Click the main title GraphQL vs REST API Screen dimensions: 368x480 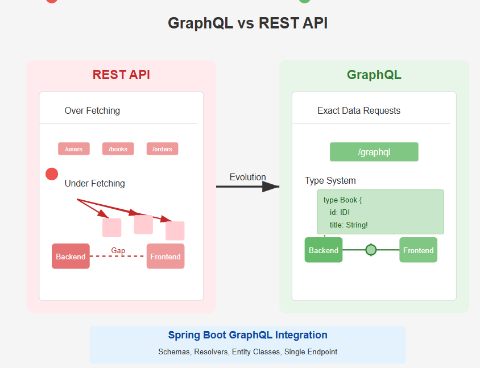pyautogui.click(x=247, y=23)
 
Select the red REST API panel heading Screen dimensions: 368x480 pyautogui.click(x=121, y=75)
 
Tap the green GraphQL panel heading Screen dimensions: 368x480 pyautogui.click(x=374, y=75)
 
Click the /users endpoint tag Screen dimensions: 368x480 pyautogui.click(x=74, y=149)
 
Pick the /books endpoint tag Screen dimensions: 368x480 pyautogui.click(x=118, y=149)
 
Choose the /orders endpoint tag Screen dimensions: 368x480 pyautogui.click(x=162, y=149)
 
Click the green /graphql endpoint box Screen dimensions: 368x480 pyautogui.click(x=374, y=152)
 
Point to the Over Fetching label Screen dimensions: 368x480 pyautogui.click(x=92, y=110)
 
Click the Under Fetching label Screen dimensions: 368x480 pyautogui.click(x=94, y=183)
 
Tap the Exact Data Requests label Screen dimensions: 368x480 pyautogui.click(x=358, y=110)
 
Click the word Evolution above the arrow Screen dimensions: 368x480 pyautogui.click(x=247, y=177)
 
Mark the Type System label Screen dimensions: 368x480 pyautogui.click(x=330, y=180)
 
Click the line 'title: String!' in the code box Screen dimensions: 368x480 pyautogui.click(x=349, y=225)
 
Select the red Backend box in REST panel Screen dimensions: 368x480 pyautogui.click(x=71, y=257)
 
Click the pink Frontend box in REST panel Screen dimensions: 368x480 pyautogui.click(x=165, y=257)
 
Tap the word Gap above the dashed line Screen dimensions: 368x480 pyautogui.click(x=118, y=250)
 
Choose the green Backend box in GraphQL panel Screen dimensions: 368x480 pyautogui.click(x=324, y=250)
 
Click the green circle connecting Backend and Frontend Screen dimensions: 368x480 pyautogui.click(x=371, y=250)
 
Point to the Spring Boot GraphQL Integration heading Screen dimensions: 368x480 pyautogui.click(x=247, y=335)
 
